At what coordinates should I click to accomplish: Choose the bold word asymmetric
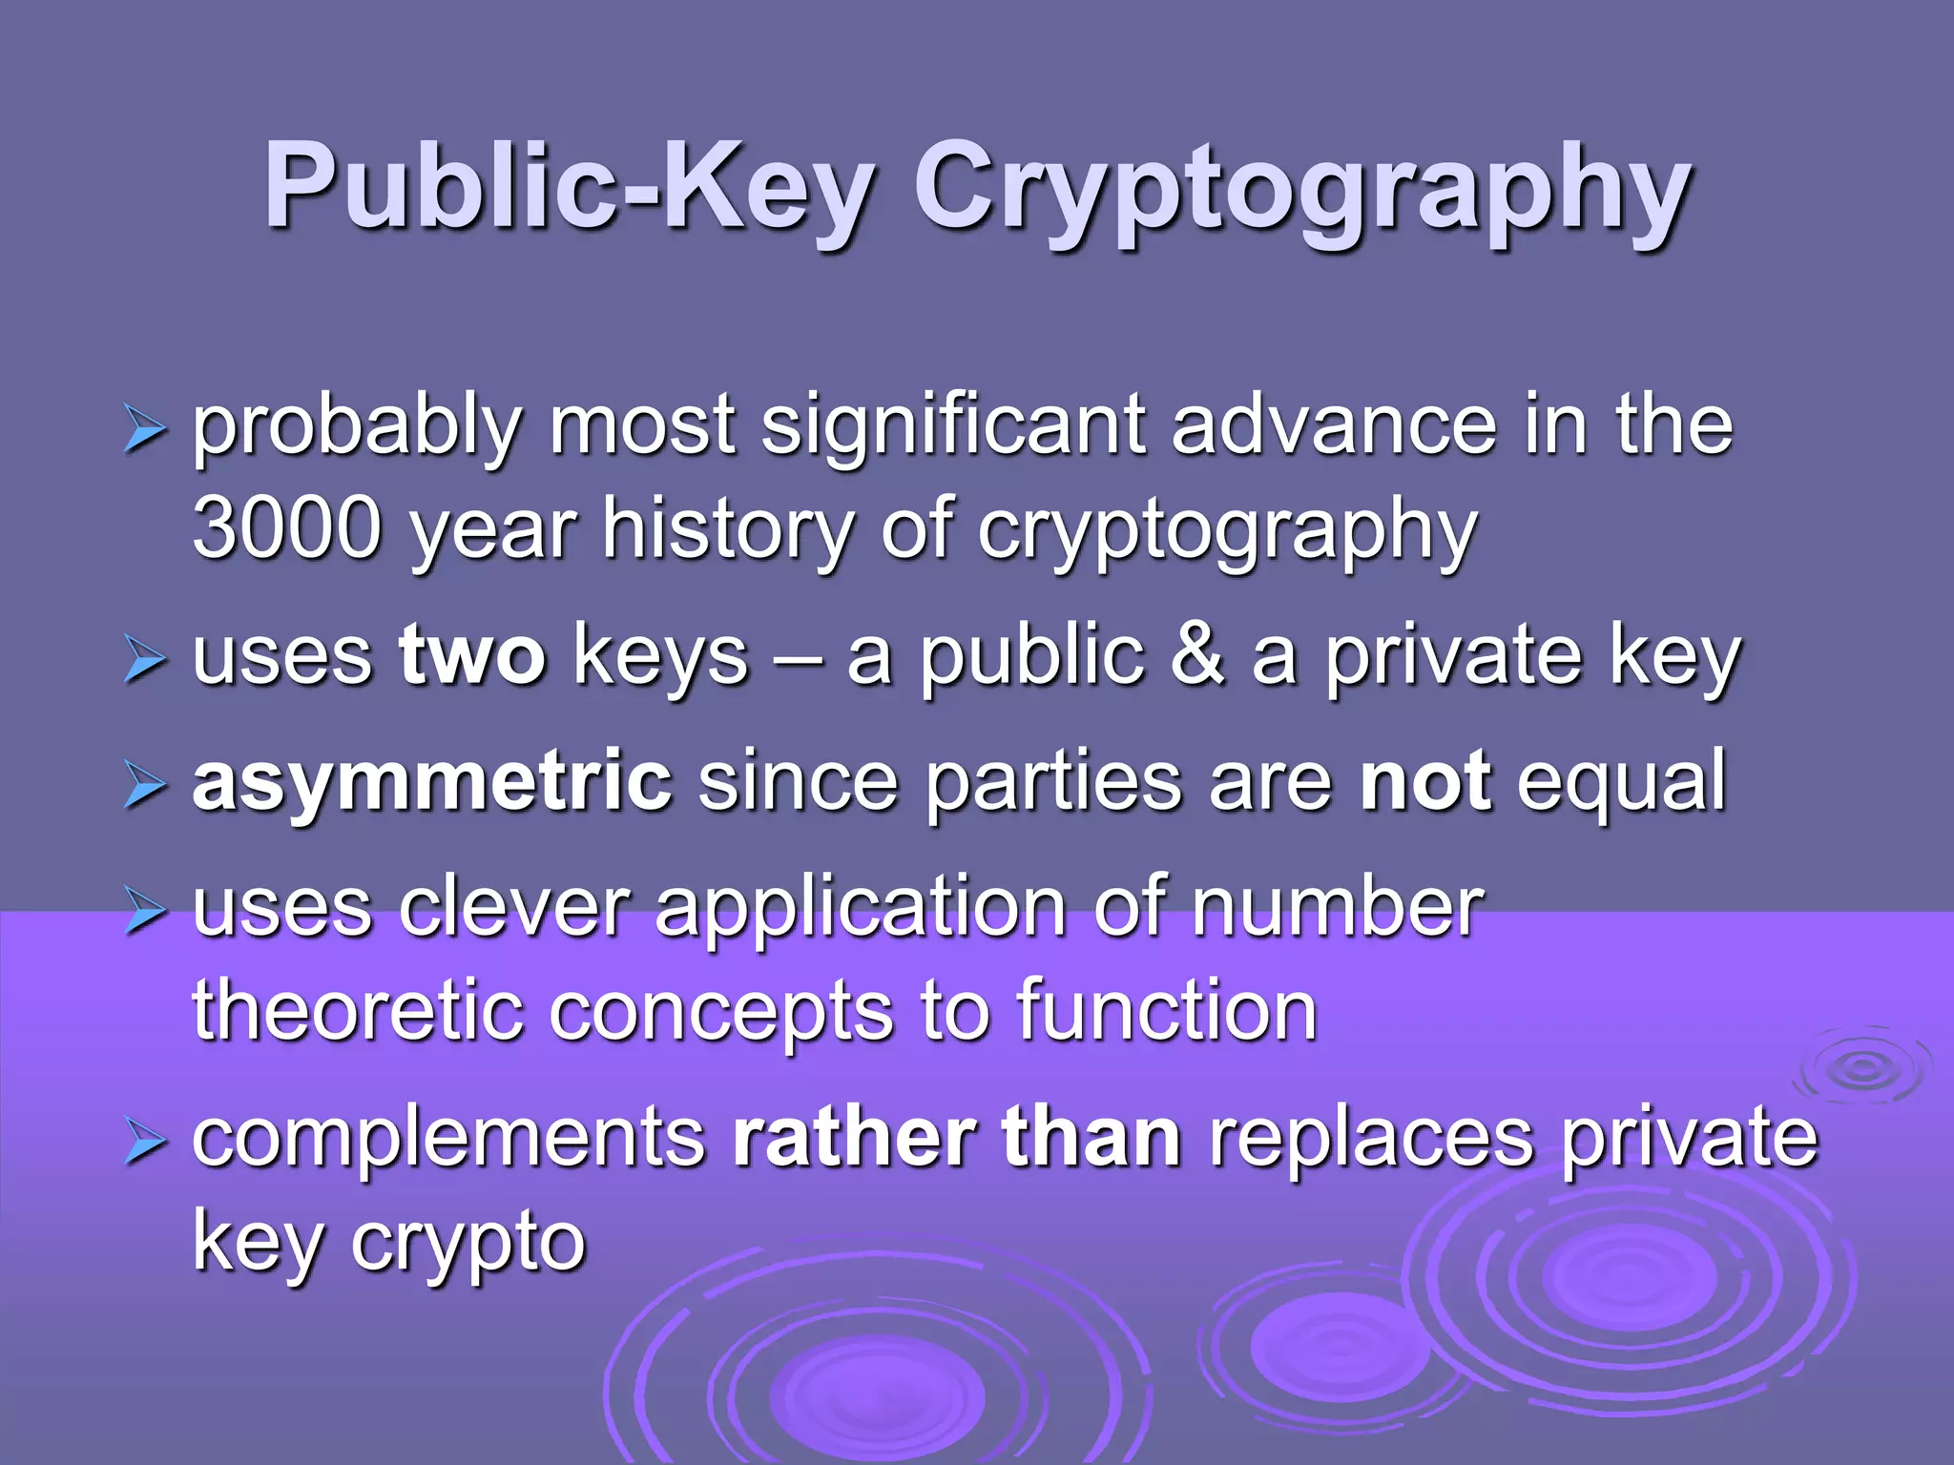[x=432, y=782]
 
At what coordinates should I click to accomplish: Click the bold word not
[x=1424, y=782]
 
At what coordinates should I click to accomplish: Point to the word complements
[x=448, y=1139]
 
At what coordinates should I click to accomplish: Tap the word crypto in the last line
[x=468, y=1245]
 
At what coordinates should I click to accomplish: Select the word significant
[x=953, y=425]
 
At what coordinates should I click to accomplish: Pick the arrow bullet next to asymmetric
[x=145, y=788]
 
